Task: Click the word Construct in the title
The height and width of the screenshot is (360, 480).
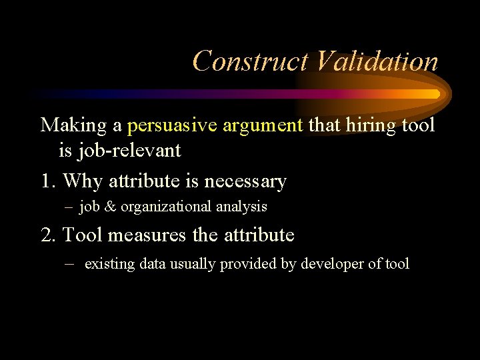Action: pyautogui.click(x=250, y=61)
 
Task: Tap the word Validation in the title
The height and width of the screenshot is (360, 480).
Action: pyautogui.click(x=376, y=61)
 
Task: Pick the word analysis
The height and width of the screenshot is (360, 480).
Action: pyautogui.click(x=241, y=207)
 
